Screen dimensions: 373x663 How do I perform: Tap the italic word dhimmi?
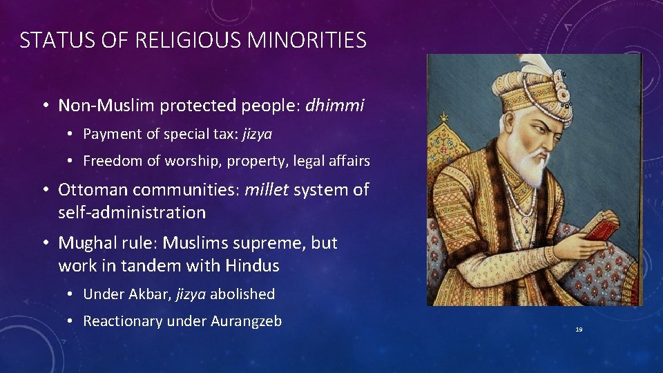tap(334, 106)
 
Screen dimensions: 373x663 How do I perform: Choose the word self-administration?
tap(132, 213)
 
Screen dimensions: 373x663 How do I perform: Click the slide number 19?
tap(579, 330)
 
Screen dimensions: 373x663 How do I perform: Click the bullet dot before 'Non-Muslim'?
tap(44, 106)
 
